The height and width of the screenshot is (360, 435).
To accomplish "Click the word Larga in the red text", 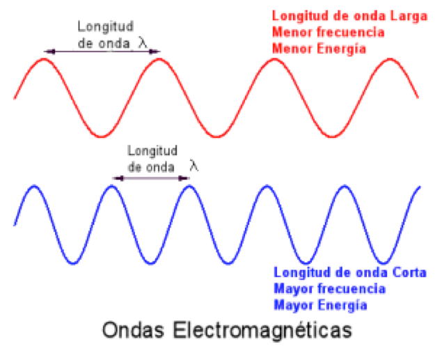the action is pos(409,16).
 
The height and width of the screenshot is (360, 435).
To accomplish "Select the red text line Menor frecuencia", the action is pos(329,32).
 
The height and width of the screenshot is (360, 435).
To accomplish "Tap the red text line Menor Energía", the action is pos(319,49).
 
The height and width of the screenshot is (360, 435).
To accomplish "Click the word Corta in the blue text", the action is pos(409,272).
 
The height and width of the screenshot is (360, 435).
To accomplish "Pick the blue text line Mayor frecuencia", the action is pos(330,289).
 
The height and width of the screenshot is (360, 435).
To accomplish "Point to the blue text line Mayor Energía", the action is pos(320,305).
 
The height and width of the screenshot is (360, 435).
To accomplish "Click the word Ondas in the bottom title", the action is pos(133,330).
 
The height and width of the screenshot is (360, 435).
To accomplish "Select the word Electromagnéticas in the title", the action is pos(262,331).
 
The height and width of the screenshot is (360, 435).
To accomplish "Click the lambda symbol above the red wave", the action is pos(143,42).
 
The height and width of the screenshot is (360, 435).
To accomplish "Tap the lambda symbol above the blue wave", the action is pos(194,166).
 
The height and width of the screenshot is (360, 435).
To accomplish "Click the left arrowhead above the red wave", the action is pos(49,52).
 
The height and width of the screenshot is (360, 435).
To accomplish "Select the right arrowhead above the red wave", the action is pos(155,52).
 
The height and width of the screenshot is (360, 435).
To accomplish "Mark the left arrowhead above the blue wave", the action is pos(118,178).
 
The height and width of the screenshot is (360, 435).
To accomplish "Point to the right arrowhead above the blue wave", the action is pos(184,178).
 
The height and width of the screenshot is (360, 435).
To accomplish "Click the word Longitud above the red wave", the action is pos(105,27).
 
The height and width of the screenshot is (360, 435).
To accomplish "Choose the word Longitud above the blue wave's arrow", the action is pos(152,151).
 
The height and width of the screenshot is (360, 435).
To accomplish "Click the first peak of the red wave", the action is pos(44,59).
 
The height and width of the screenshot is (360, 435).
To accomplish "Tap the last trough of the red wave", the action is pos(332,136).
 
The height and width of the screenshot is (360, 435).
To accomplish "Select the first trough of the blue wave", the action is pos(73,263).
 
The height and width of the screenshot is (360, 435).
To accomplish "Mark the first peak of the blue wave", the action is pos(34,186).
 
